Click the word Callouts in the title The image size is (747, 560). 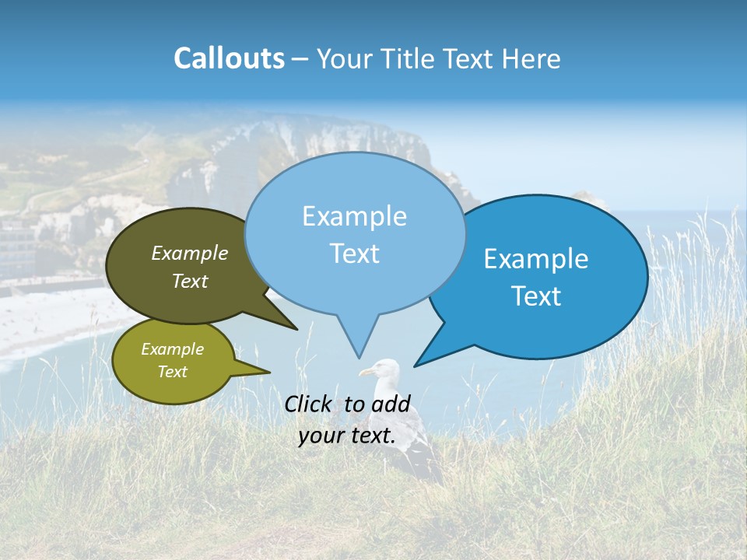click(x=229, y=58)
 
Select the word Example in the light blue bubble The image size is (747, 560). click(x=354, y=216)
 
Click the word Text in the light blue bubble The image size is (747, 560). click(x=354, y=254)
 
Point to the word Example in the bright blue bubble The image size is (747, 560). click(x=536, y=259)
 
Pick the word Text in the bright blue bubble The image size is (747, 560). click(x=536, y=296)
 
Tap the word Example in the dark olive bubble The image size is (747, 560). click(x=190, y=253)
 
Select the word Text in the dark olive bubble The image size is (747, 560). click(x=190, y=281)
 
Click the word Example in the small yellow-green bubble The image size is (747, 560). click(x=173, y=349)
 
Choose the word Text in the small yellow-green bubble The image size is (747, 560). click(x=173, y=372)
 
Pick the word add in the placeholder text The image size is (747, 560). click(x=391, y=404)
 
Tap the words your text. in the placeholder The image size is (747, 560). click(x=347, y=436)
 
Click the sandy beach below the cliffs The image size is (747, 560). click(x=47, y=319)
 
